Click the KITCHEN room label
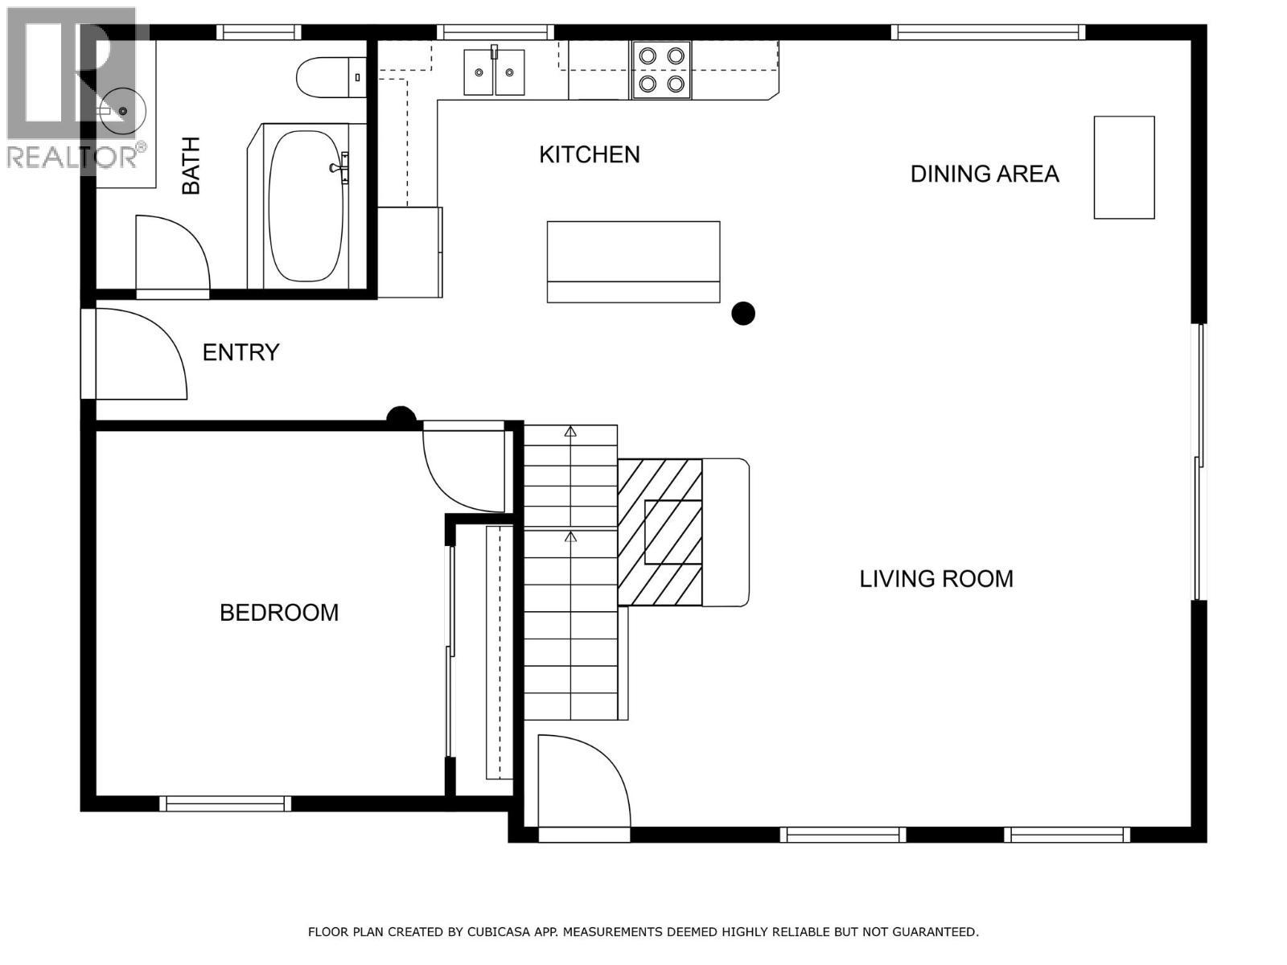pyautogui.click(x=589, y=154)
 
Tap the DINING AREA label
pyautogui.click(x=984, y=174)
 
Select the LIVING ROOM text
pyautogui.click(x=935, y=579)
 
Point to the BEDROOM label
pyautogui.click(x=279, y=613)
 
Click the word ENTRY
pyautogui.click(x=241, y=352)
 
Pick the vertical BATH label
pyautogui.click(x=191, y=166)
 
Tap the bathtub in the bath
pyautogui.click(x=306, y=205)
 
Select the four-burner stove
pyautogui.click(x=661, y=70)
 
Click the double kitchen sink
pyautogui.click(x=494, y=72)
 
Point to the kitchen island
pyautogui.click(x=633, y=261)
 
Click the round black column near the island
pyautogui.click(x=743, y=313)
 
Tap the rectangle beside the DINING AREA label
pyautogui.click(x=1124, y=167)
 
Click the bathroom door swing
pyautogui.click(x=171, y=253)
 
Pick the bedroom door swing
pyautogui.click(x=463, y=470)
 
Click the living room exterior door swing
pyautogui.click(x=581, y=780)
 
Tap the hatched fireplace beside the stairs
pyautogui.click(x=660, y=532)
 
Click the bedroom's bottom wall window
pyautogui.click(x=225, y=803)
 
